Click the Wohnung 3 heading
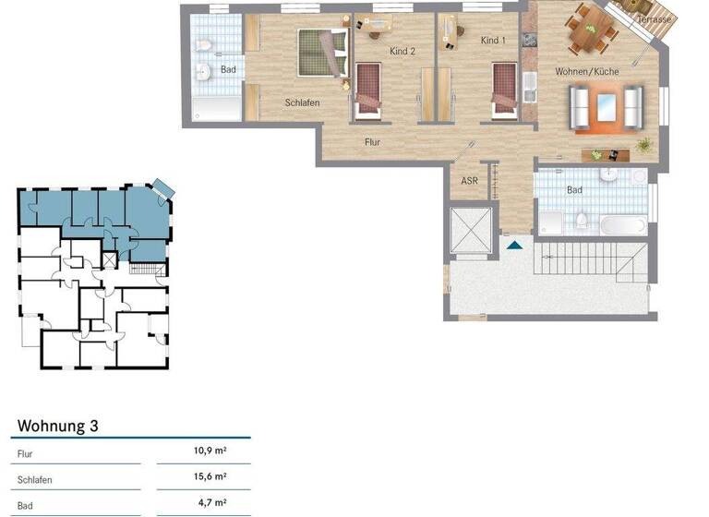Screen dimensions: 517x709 click(x=58, y=427)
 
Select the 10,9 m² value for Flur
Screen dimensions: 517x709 click(x=210, y=451)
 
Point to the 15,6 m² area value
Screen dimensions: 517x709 click(x=210, y=477)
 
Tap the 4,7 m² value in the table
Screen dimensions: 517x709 click(x=212, y=503)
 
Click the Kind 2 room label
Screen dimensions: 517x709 click(x=403, y=52)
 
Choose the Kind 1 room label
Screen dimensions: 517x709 click(x=493, y=41)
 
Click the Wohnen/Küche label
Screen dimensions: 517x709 click(x=586, y=71)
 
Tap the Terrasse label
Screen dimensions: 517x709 click(x=654, y=19)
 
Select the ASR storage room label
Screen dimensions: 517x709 click(x=469, y=181)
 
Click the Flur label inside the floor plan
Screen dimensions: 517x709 click(x=372, y=142)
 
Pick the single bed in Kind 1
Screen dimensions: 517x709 click(x=503, y=90)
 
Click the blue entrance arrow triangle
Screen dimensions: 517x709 click(x=514, y=245)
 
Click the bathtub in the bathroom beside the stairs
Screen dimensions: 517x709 click(x=623, y=223)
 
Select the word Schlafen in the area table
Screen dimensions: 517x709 click(x=34, y=481)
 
